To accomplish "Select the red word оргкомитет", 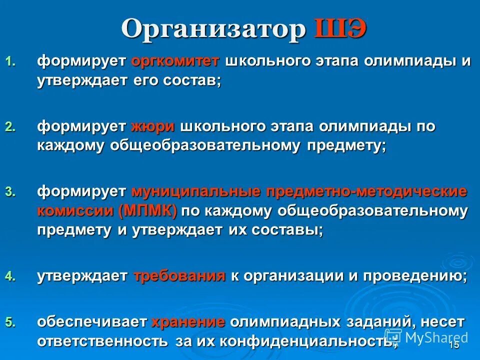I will [175, 61].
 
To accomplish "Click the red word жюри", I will [153, 126].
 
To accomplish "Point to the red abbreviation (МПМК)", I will [148, 210].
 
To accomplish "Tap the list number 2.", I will [10, 127].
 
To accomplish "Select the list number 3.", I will [10, 192].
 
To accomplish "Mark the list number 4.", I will [10, 277].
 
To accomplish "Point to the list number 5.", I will [10, 322].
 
